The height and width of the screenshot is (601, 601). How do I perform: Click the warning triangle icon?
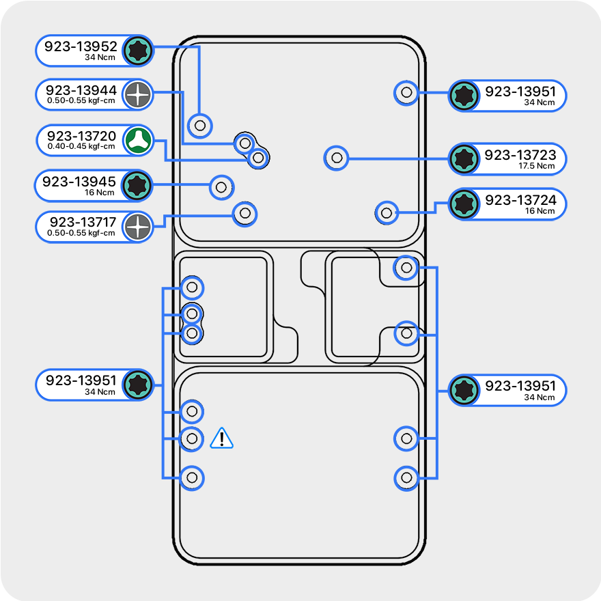click(222, 438)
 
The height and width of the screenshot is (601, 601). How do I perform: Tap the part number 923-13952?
click(81, 47)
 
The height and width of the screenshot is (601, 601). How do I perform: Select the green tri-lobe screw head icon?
click(138, 141)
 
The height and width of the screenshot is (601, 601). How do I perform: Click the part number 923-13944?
click(81, 90)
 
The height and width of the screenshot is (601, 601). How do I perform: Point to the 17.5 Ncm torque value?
click(537, 166)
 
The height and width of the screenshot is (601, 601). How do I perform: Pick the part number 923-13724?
click(520, 200)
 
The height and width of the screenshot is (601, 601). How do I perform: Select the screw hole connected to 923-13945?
click(221, 186)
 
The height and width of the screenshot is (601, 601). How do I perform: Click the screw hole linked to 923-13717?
click(245, 214)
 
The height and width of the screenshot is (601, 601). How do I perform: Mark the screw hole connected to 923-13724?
click(387, 212)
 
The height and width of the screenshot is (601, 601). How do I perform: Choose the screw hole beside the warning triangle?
click(192, 438)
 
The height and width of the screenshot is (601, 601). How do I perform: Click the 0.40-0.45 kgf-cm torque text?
click(81, 146)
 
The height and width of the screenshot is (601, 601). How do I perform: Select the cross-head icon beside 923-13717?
click(138, 227)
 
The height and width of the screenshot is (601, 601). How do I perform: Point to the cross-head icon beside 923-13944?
click(138, 95)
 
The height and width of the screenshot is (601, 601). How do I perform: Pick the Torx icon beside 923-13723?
click(464, 159)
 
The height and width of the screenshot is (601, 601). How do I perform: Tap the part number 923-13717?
click(83, 222)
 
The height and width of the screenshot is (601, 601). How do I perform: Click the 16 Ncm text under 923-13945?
click(100, 193)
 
